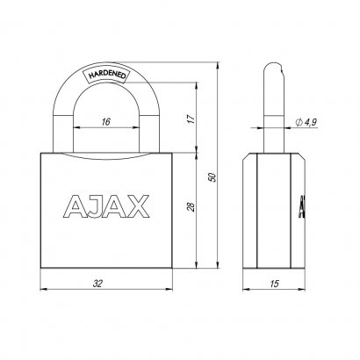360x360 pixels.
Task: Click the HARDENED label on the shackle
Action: (x=107, y=75)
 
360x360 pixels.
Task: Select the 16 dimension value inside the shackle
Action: (x=105, y=121)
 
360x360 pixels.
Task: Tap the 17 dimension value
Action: (x=191, y=119)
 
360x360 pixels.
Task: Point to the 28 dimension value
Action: (x=191, y=206)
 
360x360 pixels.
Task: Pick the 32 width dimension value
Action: (x=97, y=284)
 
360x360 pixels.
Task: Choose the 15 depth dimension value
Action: (x=275, y=284)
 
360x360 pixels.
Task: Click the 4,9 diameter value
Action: (x=311, y=122)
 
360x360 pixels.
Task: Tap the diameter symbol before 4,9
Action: (x=299, y=122)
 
